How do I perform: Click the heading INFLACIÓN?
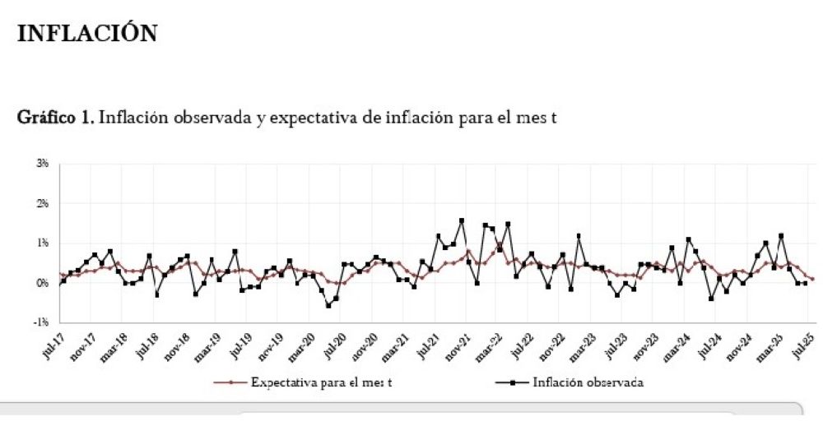point(86,33)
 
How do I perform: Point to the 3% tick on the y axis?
point(43,164)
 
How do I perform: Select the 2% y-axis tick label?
point(43,203)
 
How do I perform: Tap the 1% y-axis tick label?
point(43,243)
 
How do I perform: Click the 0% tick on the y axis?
point(43,282)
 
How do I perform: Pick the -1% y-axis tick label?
point(42,322)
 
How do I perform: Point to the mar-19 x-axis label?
point(209,345)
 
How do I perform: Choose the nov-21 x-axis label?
point(458,345)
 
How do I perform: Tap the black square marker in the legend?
point(511,382)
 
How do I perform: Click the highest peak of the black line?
point(462,220)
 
